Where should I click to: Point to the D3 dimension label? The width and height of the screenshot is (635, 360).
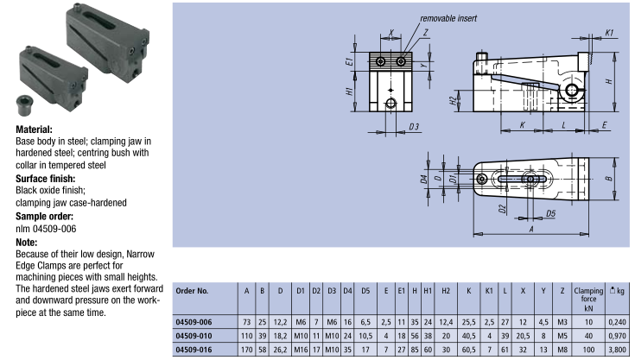(414, 127)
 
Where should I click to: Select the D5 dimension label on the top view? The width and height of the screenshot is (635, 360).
(550, 212)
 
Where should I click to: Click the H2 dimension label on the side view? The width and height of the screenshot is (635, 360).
(452, 101)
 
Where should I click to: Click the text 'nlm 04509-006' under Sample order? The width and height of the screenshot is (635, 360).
(47, 228)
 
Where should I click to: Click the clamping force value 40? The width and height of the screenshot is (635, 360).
(587, 335)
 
